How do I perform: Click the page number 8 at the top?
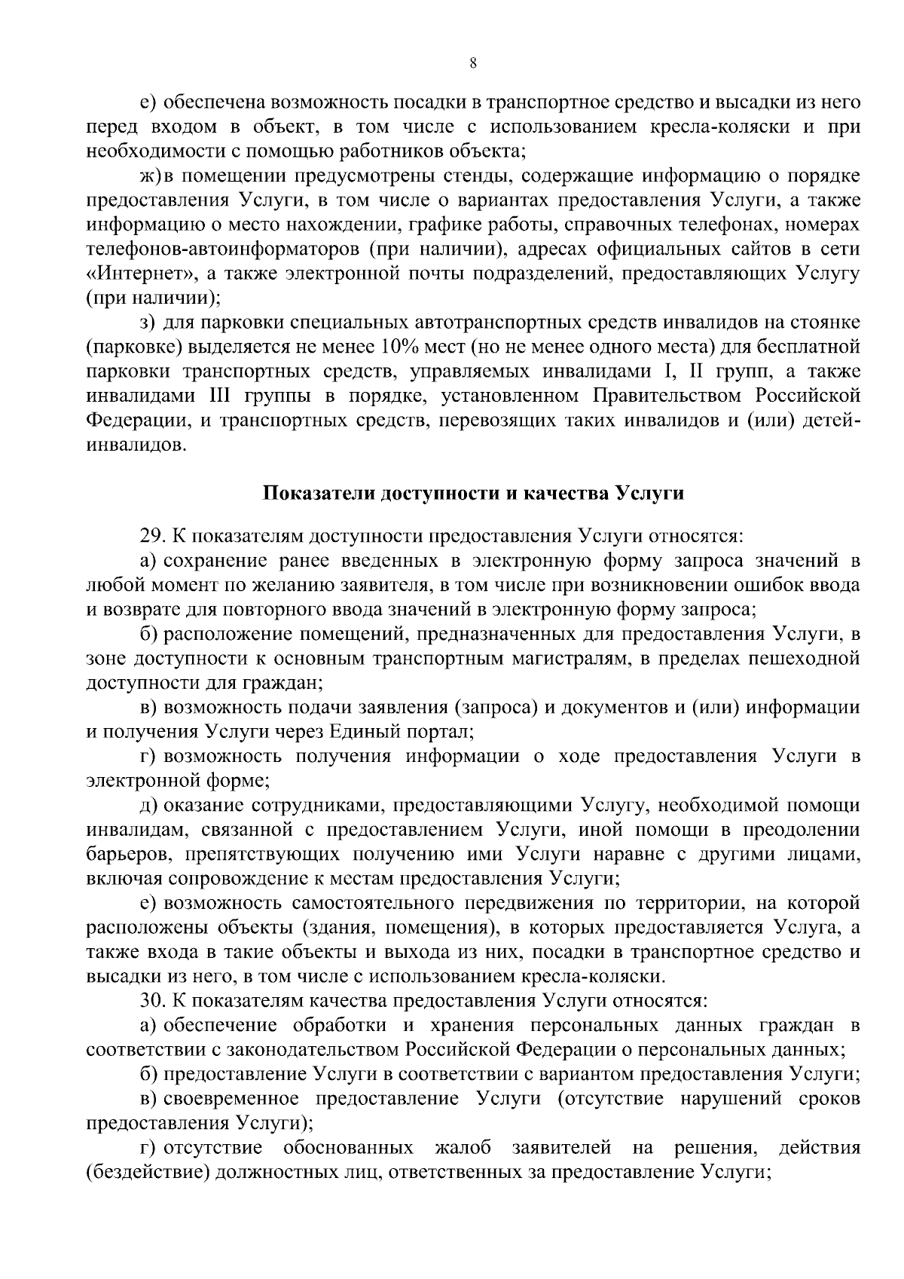point(472,64)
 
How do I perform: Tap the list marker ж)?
point(148,176)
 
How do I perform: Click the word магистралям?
point(556,659)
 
